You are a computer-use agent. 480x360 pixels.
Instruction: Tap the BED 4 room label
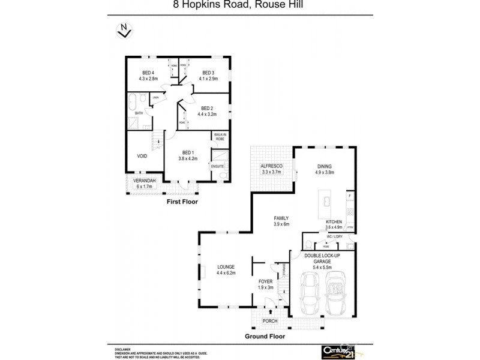click(140, 73)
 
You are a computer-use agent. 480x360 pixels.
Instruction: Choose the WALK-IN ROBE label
click(220, 136)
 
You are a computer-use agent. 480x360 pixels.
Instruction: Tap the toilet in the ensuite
click(221, 175)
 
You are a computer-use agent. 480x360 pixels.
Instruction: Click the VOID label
click(142, 156)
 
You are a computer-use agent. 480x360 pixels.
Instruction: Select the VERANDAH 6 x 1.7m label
click(145, 183)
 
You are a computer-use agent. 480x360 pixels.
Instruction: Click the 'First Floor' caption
click(182, 202)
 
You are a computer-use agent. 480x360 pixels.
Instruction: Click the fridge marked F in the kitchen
click(350, 196)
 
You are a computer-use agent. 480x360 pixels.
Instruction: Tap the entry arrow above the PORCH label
click(270, 312)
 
